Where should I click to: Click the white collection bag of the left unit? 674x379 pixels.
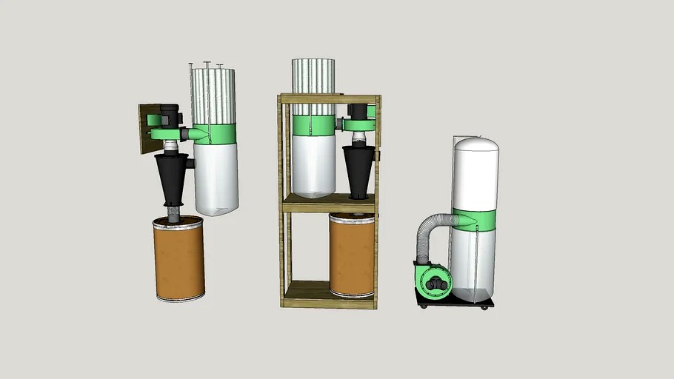pos(216,178)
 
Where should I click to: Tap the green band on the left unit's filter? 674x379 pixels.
pos(219,133)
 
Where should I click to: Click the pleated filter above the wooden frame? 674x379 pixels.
pos(313,77)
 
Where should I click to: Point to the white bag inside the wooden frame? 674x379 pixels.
pos(313,166)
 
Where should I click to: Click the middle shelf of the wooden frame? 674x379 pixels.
pos(329,204)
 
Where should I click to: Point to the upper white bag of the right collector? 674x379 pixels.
pos(475,174)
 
